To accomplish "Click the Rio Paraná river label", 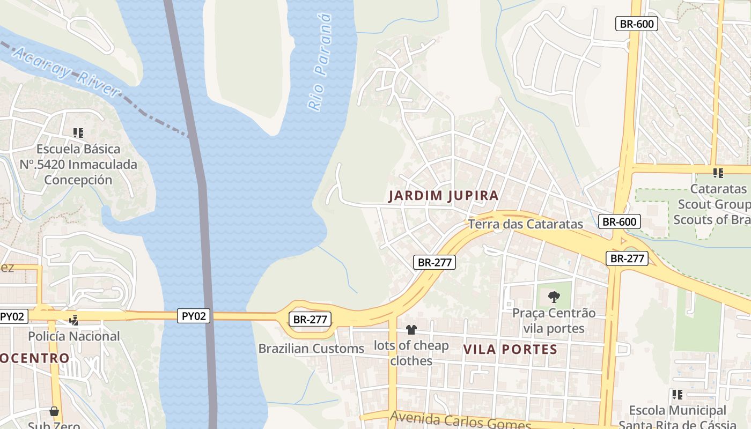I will (320, 63).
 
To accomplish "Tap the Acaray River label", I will (66, 71).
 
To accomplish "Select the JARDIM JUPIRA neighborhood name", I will (444, 196).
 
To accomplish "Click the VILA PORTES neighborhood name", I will (510, 350).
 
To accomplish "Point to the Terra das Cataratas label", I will (525, 224).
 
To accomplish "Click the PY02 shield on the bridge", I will (194, 316).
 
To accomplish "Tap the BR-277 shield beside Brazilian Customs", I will (310, 319).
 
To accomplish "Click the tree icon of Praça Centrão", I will (554, 297).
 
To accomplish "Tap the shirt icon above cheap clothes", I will (411, 329).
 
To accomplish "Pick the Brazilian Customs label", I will (311, 349).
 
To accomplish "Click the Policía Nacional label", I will (74, 336).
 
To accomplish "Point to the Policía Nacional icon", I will (74, 320).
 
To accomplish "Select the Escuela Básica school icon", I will (78, 132).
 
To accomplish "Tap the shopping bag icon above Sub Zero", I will (54, 411).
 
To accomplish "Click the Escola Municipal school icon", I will (678, 395).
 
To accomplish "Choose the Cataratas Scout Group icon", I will (718, 173).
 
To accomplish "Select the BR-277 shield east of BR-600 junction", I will (627, 258).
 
